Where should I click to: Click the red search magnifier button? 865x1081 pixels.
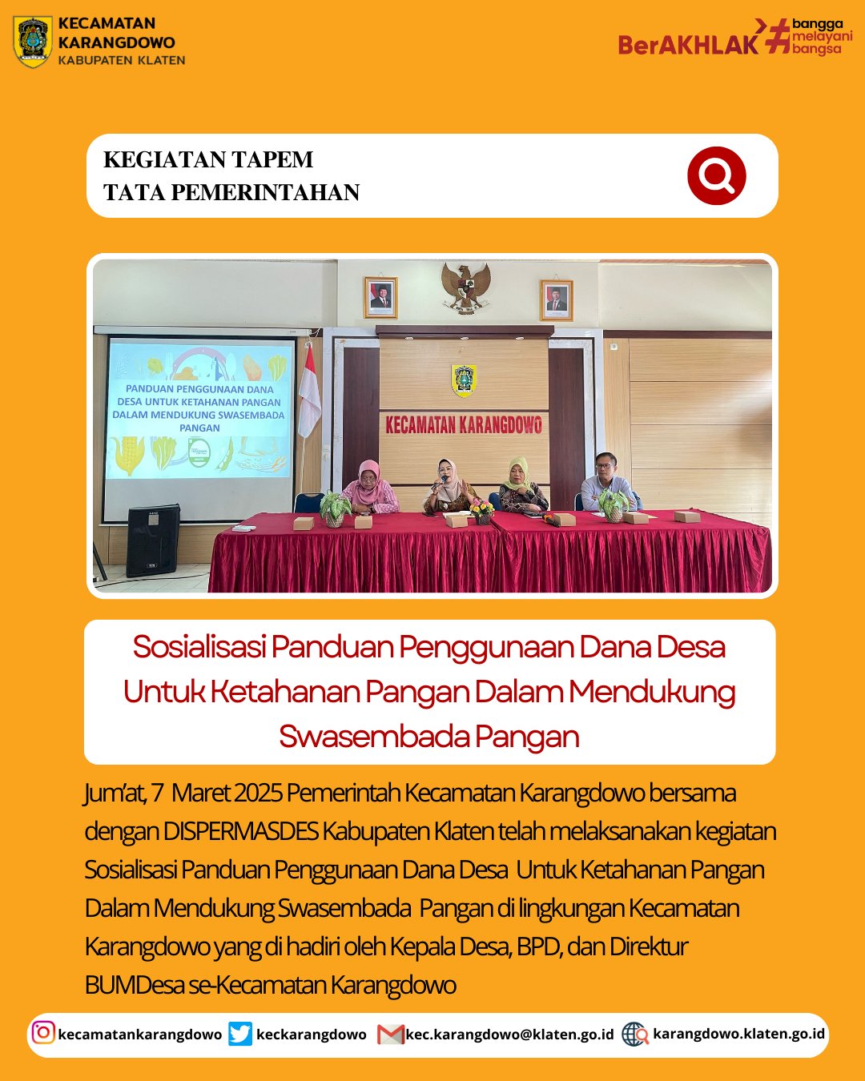point(716,175)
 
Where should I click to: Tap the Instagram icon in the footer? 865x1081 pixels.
point(43,1032)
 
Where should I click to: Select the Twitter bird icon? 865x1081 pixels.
point(239,1033)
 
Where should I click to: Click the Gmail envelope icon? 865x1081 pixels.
point(390,1034)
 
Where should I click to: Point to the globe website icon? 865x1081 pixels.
point(635,1034)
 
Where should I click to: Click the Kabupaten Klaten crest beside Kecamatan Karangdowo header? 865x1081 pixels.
point(33,41)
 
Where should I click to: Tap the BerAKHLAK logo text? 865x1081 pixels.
point(687,44)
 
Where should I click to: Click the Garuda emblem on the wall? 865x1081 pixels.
point(466,287)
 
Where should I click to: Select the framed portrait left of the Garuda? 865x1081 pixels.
point(380,297)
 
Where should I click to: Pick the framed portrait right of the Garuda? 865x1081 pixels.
point(556,299)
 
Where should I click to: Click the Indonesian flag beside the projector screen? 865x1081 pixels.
point(308,392)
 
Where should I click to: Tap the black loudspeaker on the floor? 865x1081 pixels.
point(152,540)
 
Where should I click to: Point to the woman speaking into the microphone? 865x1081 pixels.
point(447,486)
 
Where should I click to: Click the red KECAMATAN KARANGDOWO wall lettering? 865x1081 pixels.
point(464,424)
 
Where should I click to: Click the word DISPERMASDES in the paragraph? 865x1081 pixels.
point(241,831)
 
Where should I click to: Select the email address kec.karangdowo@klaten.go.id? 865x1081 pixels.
point(509,1034)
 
